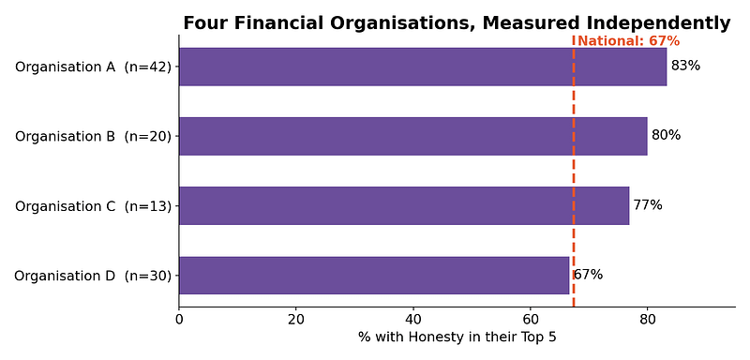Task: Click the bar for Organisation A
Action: (x=423, y=67)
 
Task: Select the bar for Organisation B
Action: (x=413, y=136)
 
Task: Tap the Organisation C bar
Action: (x=404, y=205)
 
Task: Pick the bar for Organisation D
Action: (x=374, y=276)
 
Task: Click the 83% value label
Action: (x=685, y=66)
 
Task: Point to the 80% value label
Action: (x=666, y=135)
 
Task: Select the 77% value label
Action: (x=648, y=205)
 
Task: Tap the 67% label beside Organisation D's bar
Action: (x=589, y=275)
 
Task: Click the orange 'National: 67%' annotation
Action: (x=628, y=41)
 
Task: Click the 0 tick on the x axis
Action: (x=179, y=320)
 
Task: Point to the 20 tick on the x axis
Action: (x=296, y=320)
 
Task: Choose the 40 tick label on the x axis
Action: (x=413, y=320)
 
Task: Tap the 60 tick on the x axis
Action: (x=531, y=320)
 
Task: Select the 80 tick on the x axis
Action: (x=648, y=320)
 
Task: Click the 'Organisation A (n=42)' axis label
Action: (x=93, y=67)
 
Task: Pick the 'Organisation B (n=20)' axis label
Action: (x=93, y=137)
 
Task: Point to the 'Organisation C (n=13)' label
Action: (x=93, y=206)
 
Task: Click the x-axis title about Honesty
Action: (x=457, y=337)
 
